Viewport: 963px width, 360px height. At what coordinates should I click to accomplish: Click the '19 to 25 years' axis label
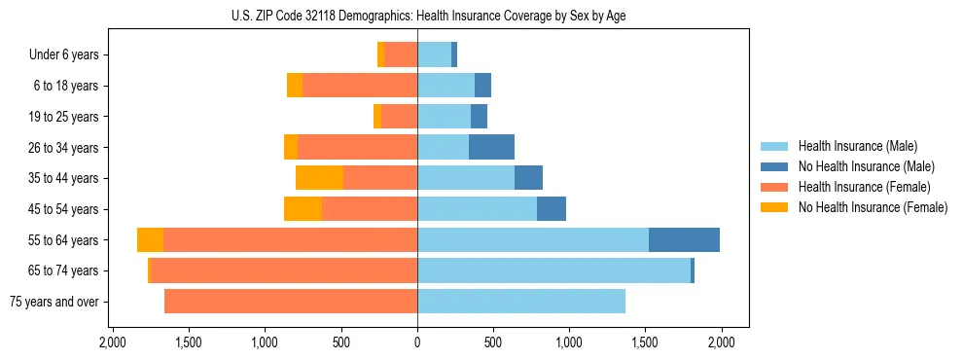(59, 117)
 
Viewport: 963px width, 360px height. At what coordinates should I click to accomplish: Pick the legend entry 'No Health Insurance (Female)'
(872, 207)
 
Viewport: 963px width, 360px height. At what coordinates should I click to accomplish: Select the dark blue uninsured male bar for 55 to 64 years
(684, 240)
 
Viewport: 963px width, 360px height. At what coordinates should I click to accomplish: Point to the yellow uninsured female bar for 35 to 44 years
(319, 178)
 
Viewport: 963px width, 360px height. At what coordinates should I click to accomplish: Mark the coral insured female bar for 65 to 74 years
(284, 270)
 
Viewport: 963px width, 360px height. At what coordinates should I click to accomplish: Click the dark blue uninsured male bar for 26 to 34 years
(491, 148)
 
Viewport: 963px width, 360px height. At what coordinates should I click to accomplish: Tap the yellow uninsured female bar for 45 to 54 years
(303, 209)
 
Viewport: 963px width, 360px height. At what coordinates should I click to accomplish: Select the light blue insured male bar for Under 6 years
(434, 55)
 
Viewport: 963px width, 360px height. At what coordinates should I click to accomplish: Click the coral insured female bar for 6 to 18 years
(360, 86)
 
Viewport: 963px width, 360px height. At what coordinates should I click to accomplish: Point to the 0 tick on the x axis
(417, 342)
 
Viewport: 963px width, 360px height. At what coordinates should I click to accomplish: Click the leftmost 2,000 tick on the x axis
(113, 342)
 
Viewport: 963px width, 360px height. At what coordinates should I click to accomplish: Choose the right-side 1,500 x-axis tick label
(645, 342)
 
